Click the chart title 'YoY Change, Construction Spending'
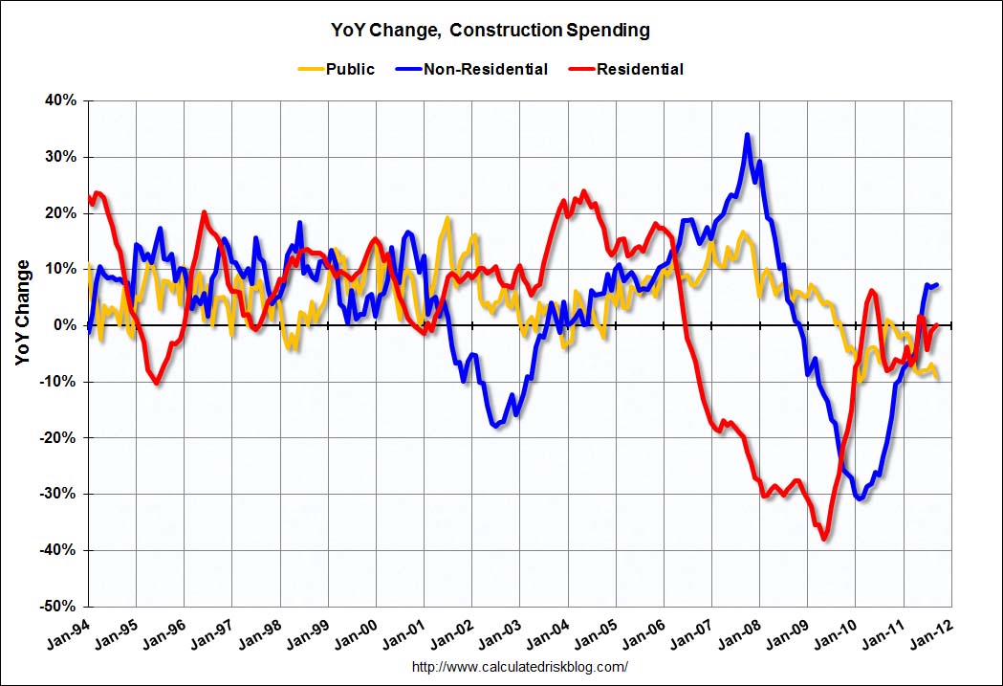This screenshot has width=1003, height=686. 501,30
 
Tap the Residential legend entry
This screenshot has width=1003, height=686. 640,69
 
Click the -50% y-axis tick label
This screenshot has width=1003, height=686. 59,607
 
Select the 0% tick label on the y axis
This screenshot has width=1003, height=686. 65,325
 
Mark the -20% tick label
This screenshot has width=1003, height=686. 59,438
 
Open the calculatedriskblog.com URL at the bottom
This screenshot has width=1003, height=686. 520,667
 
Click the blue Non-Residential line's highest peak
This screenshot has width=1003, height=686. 747,135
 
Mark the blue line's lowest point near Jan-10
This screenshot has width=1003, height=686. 861,498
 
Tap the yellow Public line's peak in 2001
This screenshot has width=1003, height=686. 447,219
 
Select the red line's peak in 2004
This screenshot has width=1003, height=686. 584,191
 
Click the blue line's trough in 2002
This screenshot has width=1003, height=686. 496,426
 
